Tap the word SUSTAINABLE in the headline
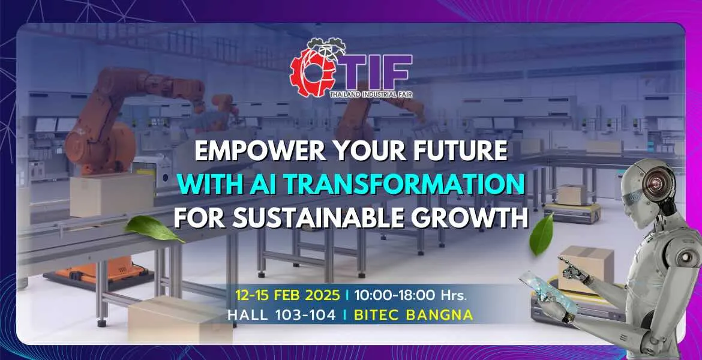pyautogui.click(x=322, y=218)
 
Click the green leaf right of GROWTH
pyautogui.click(x=544, y=234)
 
